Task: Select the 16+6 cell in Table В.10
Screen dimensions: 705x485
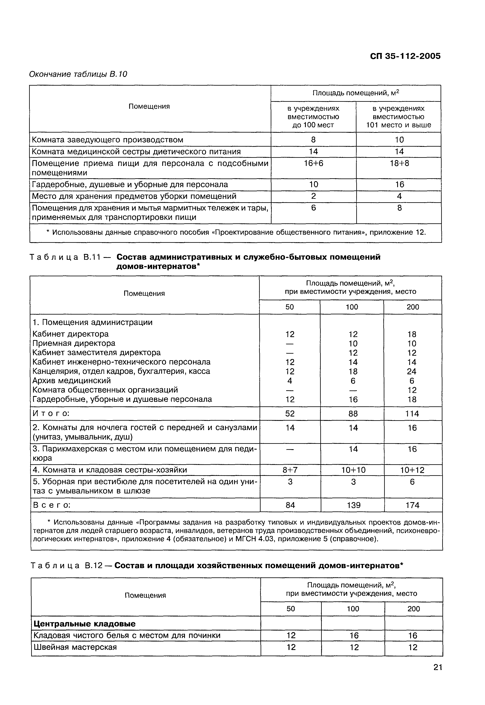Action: pyautogui.click(x=314, y=164)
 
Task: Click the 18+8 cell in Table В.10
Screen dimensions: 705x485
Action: pyautogui.click(x=399, y=164)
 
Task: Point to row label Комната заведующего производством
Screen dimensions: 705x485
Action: pyautogui.click(x=108, y=140)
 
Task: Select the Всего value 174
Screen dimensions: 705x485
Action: pyautogui.click(x=412, y=505)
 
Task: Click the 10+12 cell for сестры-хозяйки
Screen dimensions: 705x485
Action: pyautogui.click(x=412, y=470)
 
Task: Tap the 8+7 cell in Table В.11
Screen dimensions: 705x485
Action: pyautogui.click(x=290, y=470)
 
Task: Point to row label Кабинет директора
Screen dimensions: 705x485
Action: pyautogui.click(x=70, y=334)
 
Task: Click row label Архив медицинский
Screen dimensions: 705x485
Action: pyautogui.click(x=72, y=381)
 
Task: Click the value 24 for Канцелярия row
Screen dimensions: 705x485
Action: pyautogui.click(x=412, y=371)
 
